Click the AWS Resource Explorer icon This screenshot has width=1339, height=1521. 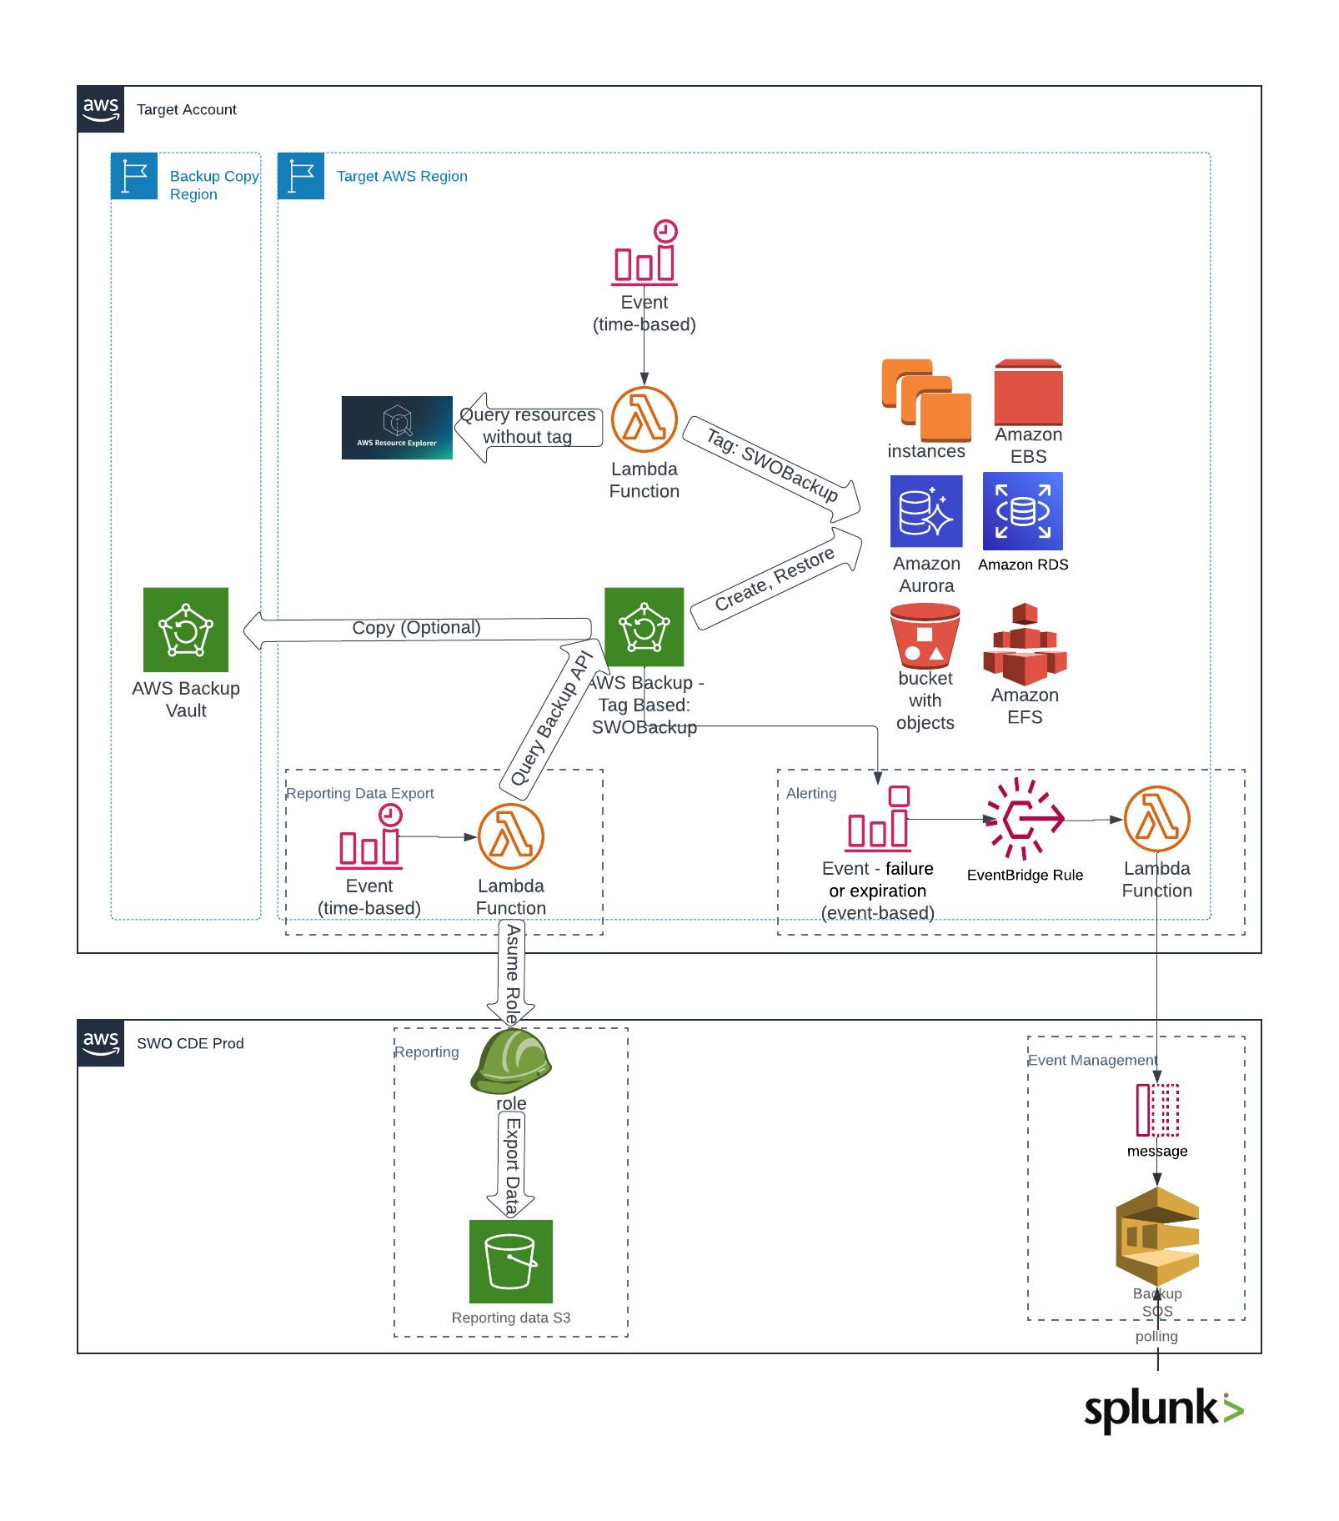coord(397,427)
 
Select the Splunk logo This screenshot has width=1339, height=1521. coord(1163,1409)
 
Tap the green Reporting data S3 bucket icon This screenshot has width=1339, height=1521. coord(510,1261)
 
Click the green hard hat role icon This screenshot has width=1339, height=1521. coord(510,1061)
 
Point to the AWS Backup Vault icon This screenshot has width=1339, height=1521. coord(186,630)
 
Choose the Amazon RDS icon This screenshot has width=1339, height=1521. coord(1022,511)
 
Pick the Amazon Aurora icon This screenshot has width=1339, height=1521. coord(926,511)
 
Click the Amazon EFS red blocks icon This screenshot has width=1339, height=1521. coord(1025,644)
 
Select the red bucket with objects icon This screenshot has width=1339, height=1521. coord(925,636)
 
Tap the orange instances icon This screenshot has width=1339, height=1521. coord(926,400)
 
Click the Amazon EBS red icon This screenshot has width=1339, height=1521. coord(1028,392)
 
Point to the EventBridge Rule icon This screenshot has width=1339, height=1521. coord(1025,820)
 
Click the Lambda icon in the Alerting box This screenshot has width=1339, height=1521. coord(1156,819)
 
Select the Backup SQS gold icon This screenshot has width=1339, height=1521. coord(1156,1237)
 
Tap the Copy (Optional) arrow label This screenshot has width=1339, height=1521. coord(416,628)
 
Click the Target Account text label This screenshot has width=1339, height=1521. coord(187,110)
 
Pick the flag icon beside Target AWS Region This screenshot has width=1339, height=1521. coord(301,176)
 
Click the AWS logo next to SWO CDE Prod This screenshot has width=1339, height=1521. coord(101,1042)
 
